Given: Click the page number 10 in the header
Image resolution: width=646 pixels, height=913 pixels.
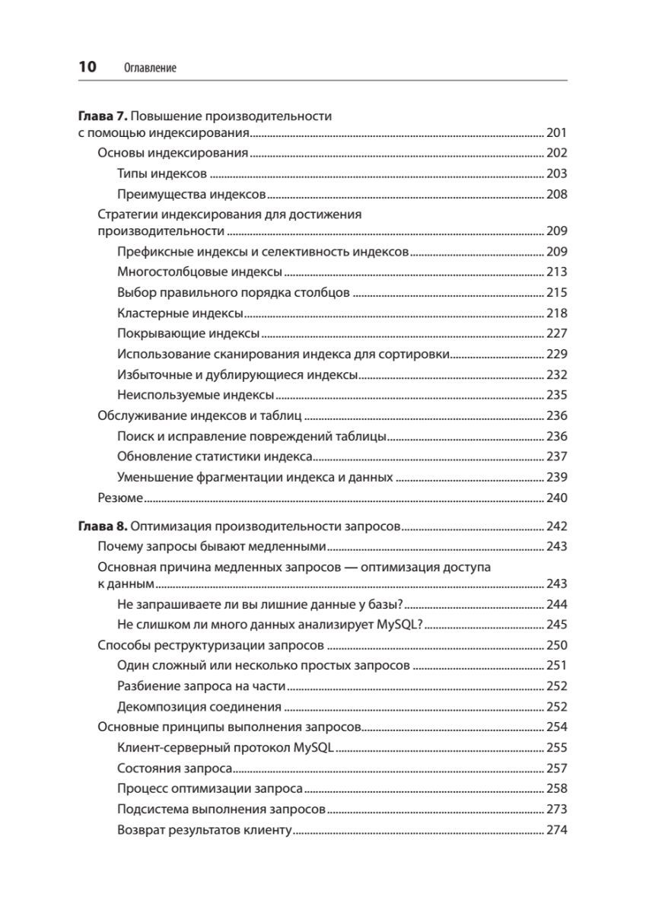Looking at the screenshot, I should point(88,67).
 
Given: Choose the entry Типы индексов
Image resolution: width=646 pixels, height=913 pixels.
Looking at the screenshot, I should point(163,173).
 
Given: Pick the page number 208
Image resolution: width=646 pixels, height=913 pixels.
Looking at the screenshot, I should point(557,194).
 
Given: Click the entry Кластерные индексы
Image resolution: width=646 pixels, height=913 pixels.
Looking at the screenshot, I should point(180,313).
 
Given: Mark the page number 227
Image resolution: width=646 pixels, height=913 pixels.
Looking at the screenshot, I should point(557,333).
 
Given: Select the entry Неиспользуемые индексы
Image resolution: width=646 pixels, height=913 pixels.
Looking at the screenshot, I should point(196,395).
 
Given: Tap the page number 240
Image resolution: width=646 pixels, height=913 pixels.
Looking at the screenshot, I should point(557,498).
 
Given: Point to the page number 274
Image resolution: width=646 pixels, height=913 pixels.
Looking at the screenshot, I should point(557,830).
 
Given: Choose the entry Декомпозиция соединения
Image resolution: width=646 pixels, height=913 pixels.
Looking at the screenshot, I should point(200,706).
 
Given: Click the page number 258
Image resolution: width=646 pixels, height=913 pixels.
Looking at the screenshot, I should point(557,789).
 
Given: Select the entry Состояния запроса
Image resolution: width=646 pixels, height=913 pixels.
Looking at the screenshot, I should point(175,768).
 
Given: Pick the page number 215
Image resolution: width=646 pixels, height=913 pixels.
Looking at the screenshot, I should point(557,292).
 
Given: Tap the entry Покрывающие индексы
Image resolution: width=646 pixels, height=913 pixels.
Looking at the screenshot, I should point(189,333).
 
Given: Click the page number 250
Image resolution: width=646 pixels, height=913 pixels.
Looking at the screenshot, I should point(557,645).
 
